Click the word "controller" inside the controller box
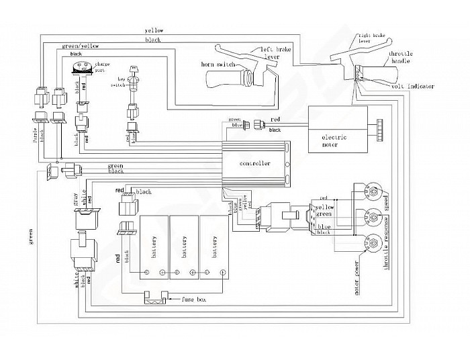click(x=255, y=164)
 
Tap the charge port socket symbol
click(x=81, y=66)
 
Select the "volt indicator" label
click(x=411, y=86)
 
